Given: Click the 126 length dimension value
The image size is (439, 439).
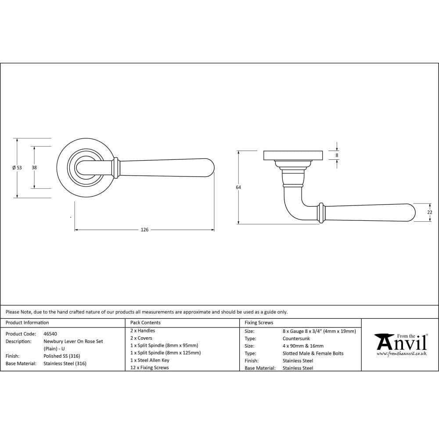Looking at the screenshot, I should (145, 230).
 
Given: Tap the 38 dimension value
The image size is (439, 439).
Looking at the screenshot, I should (34, 167).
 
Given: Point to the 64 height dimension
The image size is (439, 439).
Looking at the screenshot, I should (238, 187).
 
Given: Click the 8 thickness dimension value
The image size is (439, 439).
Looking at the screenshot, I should (337, 155).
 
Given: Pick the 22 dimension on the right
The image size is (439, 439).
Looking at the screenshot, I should (430, 212).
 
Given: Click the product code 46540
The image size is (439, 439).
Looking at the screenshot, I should (50, 334).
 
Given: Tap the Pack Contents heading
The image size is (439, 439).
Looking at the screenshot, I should (145, 323).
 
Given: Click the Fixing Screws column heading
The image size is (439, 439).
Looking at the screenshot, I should (259, 323).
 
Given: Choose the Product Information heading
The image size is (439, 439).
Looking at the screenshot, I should (27, 323).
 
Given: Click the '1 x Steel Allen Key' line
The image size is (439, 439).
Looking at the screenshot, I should (150, 360).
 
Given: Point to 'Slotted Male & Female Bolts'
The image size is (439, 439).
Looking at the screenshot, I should (313, 353).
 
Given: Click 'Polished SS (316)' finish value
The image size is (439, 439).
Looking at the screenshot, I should (62, 356).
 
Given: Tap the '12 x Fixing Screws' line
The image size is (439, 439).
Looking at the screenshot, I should (149, 367).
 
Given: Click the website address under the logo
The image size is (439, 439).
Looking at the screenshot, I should (401, 354).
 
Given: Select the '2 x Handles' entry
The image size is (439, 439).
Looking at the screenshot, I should (143, 331).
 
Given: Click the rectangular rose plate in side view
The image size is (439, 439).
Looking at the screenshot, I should (293, 155).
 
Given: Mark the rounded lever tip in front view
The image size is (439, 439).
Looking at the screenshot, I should (210, 167).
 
